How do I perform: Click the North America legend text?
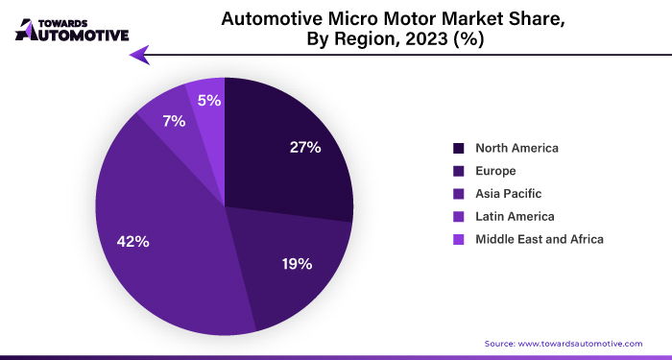(x=516, y=148)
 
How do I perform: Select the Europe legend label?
(x=495, y=171)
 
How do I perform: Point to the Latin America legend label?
(x=515, y=216)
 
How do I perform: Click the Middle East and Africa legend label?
(x=540, y=238)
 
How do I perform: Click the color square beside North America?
(x=459, y=148)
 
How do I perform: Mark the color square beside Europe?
(x=459, y=171)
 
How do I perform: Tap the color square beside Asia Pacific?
(x=459, y=193)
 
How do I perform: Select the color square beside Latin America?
(x=459, y=216)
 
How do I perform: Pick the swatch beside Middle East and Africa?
(x=459, y=238)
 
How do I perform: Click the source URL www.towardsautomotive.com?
(x=580, y=343)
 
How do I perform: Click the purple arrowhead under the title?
(x=141, y=55)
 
